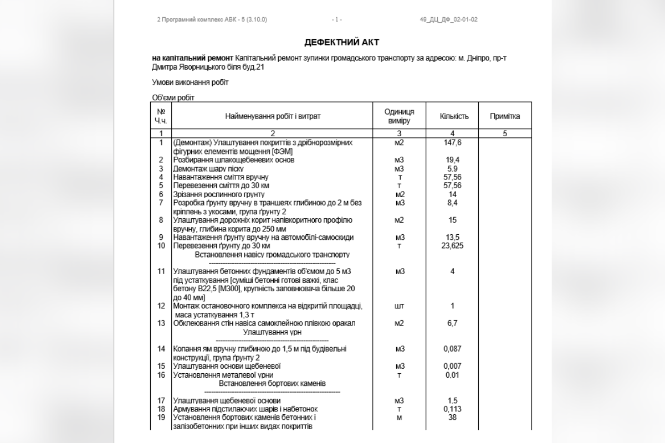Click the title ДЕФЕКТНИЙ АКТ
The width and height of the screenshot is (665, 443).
pos(341,42)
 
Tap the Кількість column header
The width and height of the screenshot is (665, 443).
pos(454,116)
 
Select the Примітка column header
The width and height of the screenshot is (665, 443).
pos(504,116)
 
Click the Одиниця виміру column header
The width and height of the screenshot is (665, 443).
pos(399,116)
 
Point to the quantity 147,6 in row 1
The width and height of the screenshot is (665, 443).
pos(453,143)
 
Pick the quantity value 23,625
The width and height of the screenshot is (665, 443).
pos(453,246)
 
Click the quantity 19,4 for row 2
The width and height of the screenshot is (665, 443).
pos(453,160)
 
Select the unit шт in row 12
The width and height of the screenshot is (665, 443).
pos(399,306)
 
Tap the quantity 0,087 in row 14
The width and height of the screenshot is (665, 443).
pos(453,349)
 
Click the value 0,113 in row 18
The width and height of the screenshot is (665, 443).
pos(453,409)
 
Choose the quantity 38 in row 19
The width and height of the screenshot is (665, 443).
pos(453,418)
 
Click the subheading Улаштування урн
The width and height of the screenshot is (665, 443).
pos(272,332)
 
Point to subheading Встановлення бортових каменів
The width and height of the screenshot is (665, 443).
pos(272,383)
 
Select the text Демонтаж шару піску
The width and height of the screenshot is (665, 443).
pos(216,169)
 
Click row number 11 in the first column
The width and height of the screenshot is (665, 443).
pos(161,271)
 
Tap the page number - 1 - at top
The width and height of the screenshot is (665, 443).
pos(337,20)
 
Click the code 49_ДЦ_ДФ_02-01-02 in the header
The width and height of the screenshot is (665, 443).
pos(449,20)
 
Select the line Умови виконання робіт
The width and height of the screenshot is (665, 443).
pos(190,83)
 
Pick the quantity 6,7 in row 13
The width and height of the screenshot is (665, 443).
pos(453,323)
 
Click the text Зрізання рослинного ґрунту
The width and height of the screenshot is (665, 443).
pos(219,194)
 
